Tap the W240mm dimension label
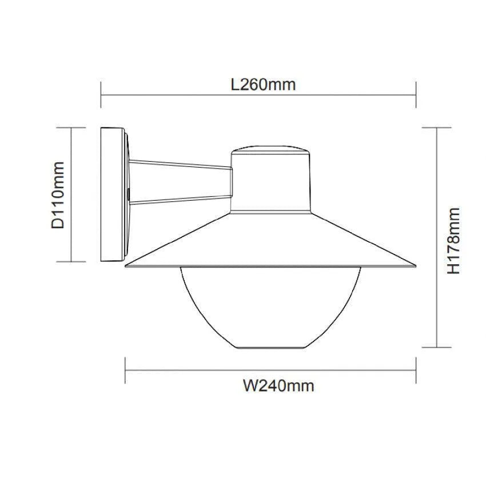tap(278, 386)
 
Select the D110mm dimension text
tap(58, 195)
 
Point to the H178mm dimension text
tap(453, 240)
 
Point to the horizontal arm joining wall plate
tap(180, 182)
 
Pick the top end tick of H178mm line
tap(437, 128)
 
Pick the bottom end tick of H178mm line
tap(437, 348)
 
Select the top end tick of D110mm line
tap(72, 128)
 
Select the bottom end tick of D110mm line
tap(72, 261)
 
